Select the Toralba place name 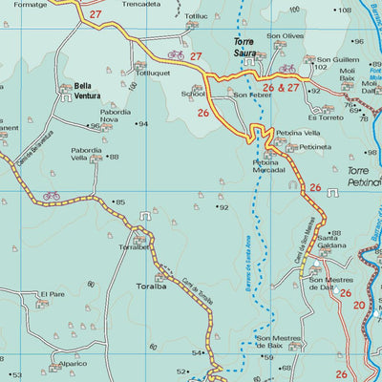click(151, 286)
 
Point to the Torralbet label click(134, 246)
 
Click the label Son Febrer click(253, 95)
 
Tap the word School click(194, 95)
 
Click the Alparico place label click(72, 364)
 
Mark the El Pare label click(52, 294)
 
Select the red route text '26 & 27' click(281, 88)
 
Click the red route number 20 click(359, 306)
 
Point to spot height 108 click(343, 11)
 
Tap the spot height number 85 click(119, 202)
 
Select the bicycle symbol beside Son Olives click(287, 69)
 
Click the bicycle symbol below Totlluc click(176, 55)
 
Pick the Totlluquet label click(153, 73)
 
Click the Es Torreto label click(330, 117)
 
